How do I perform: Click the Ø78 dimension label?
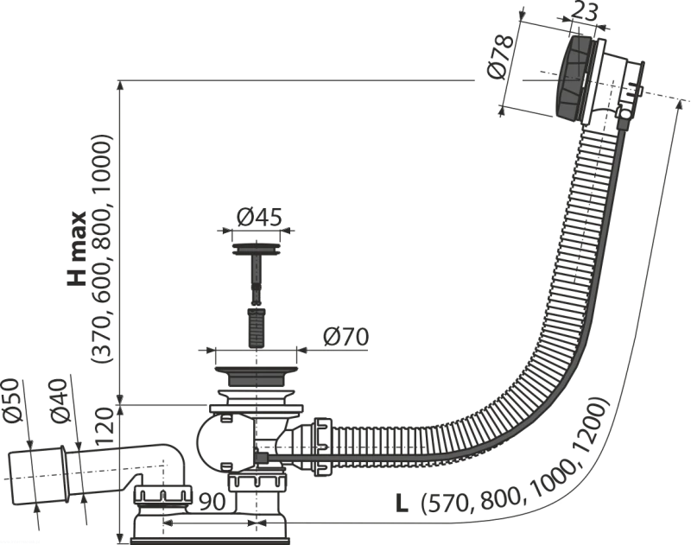500,56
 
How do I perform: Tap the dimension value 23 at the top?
585,12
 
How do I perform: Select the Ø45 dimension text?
259,217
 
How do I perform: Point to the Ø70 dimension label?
345,338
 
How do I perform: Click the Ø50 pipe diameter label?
13,401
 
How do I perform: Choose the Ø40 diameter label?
60,401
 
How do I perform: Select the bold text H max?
77,249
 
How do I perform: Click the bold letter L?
402,504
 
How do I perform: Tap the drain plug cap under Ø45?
256,249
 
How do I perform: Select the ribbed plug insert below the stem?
256,328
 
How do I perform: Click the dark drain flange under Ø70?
256,377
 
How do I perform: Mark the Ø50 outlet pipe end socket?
37,477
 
